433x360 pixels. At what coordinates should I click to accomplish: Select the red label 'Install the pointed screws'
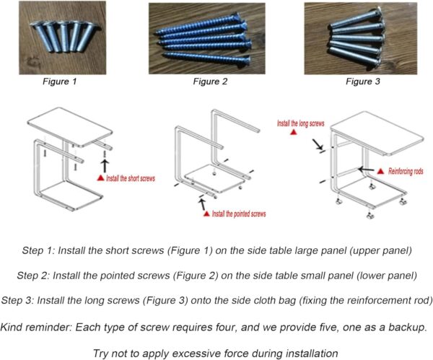point(239,214)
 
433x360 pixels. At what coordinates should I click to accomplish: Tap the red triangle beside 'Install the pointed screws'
point(206,214)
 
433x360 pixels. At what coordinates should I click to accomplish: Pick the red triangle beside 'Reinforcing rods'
point(382,171)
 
